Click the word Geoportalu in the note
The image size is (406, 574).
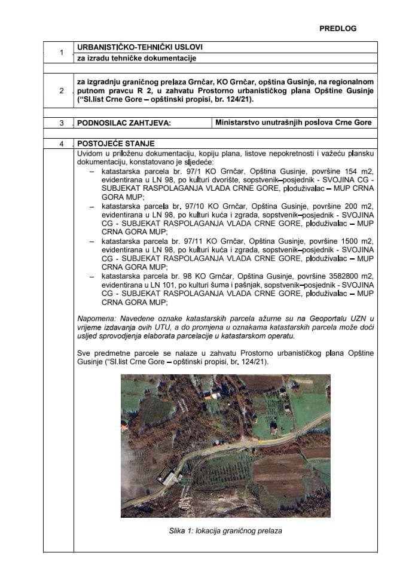[316, 318]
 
